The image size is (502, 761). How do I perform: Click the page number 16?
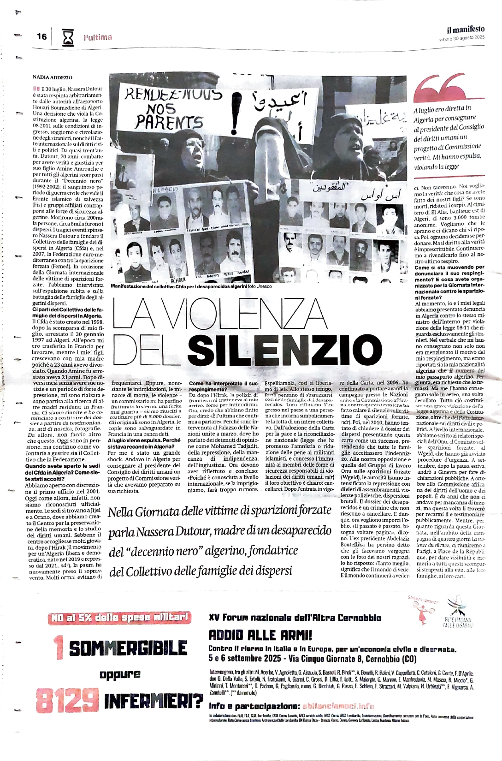point(41,36)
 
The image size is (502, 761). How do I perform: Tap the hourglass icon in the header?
point(68,37)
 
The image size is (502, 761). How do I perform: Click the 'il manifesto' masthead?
point(465,29)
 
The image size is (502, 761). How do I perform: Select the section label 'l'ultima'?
point(98,37)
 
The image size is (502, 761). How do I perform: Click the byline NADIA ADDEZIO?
point(52,77)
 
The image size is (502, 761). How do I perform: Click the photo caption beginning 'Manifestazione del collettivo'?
point(191,286)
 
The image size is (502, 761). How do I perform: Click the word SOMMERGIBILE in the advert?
point(128,648)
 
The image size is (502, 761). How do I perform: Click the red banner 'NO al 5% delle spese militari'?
point(119,618)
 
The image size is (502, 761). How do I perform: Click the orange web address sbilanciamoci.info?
point(338,706)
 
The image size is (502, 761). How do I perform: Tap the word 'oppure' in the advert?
point(120,675)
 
